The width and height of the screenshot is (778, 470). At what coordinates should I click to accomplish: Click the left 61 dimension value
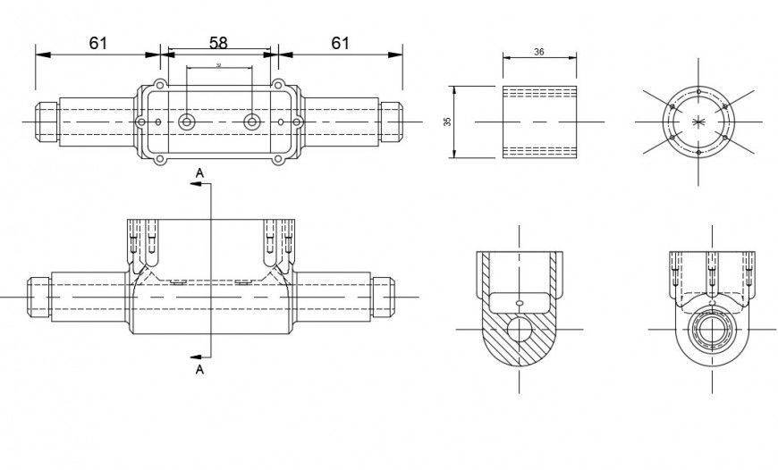(x=97, y=42)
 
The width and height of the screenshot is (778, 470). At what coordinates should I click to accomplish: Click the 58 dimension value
(x=218, y=42)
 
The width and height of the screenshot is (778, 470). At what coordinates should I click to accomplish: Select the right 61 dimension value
(x=340, y=42)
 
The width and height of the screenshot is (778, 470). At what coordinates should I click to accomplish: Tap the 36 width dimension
(x=539, y=53)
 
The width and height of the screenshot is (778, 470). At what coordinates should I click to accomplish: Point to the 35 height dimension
(x=448, y=122)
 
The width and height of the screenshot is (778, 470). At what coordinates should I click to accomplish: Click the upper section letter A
(x=199, y=170)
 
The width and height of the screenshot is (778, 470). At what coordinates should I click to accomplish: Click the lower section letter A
(x=199, y=368)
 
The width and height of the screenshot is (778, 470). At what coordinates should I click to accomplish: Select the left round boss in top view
(x=186, y=122)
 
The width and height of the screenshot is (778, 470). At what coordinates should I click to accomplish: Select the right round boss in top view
(x=252, y=122)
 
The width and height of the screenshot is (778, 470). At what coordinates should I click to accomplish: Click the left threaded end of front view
(x=35, y=295)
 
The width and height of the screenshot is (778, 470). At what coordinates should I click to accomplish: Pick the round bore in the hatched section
(x=519, y=330)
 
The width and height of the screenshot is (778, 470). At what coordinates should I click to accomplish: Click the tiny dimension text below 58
(x=218, y=66)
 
